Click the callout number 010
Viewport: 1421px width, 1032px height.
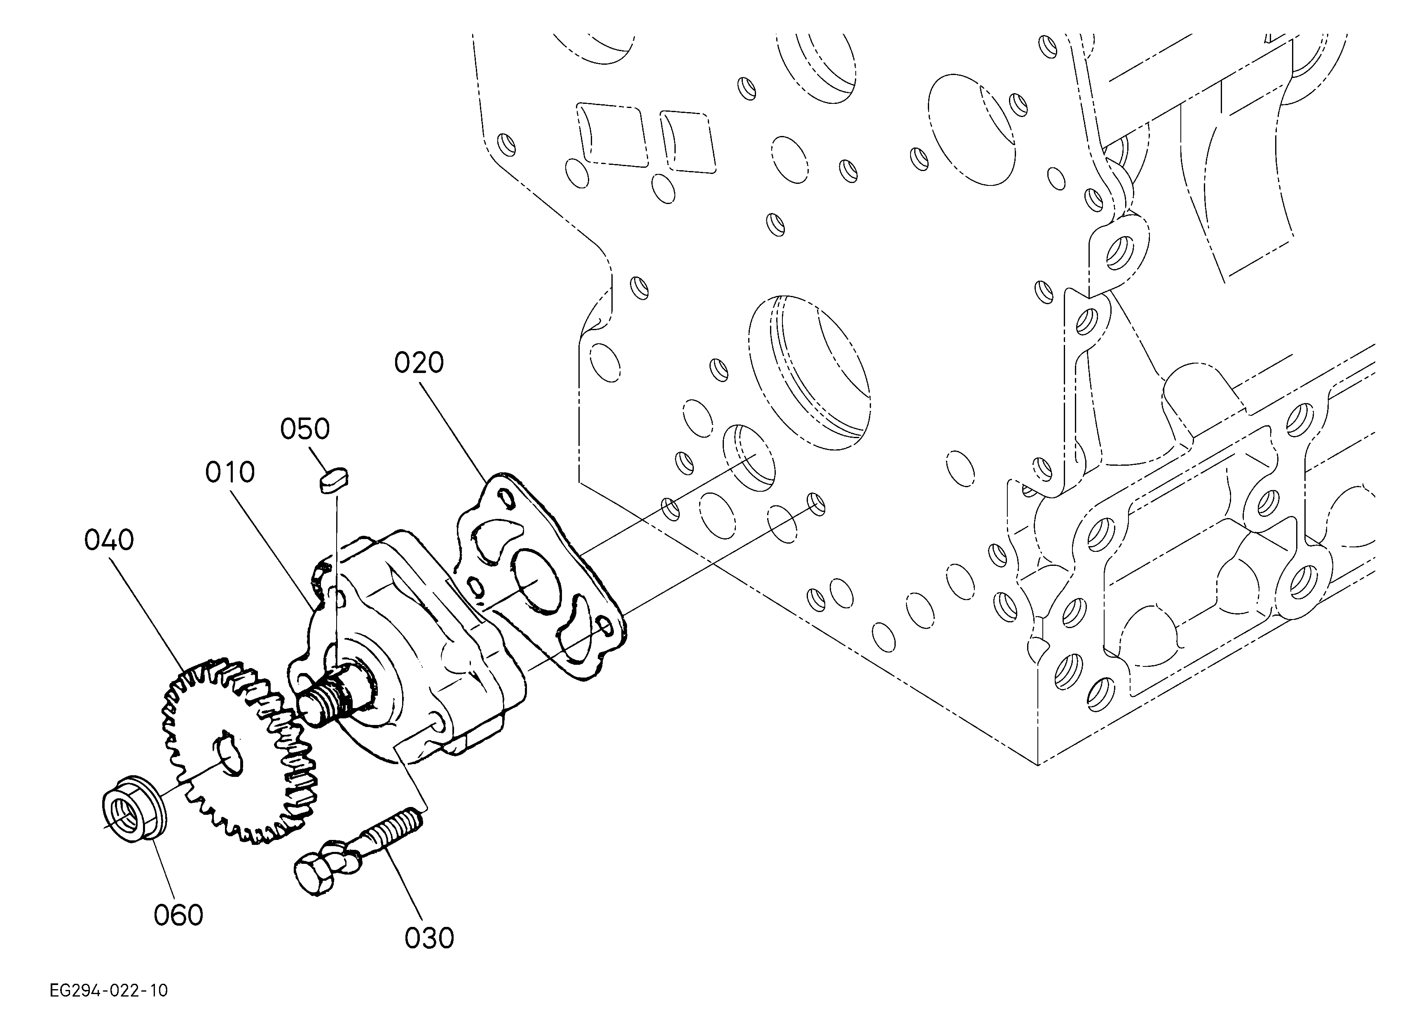click(x=230, y=473)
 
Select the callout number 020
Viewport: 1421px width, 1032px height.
click(x=419, y=364)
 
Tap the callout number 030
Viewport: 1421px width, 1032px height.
click(x=429, y=938)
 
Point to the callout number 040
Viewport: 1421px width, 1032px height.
click(x=109, y=540)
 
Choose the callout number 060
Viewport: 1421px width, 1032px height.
click(x=178, y=915)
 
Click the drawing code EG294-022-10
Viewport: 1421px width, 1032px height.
click(x=109, y=991)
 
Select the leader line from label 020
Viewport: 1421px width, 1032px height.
click(x=455, y=432)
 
